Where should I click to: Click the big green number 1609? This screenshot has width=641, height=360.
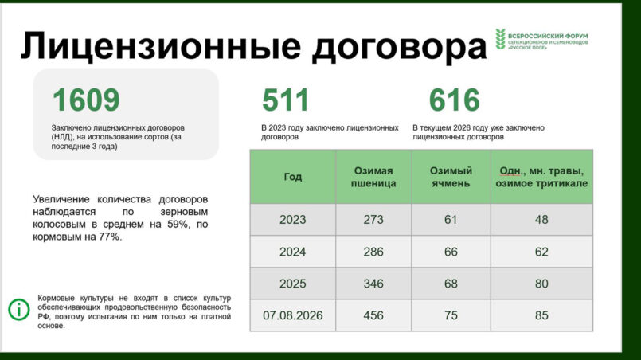(86, 100)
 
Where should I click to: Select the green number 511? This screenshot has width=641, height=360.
(285, 100)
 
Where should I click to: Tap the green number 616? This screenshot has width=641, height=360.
(454, 100)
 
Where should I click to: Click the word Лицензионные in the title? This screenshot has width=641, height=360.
(161, 45)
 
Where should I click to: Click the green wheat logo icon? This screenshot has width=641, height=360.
(500, 39)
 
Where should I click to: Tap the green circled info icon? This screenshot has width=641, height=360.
(19, 309)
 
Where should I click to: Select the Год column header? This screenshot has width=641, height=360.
(293, 177)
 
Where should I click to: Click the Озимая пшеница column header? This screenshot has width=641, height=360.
(373, 177)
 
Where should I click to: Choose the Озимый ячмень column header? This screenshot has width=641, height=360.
(451, 177)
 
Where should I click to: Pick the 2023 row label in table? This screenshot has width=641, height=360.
(293, 220)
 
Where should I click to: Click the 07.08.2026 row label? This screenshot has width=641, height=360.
(293, 315)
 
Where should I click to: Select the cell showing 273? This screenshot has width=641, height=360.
(373, 220)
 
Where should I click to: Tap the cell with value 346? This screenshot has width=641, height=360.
(373, 284)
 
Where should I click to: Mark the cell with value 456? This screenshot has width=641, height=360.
(373, 315)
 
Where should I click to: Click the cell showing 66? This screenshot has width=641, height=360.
(451, 252)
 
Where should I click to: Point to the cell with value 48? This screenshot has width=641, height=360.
(541, 220)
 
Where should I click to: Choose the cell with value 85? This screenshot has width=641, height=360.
(541, 315)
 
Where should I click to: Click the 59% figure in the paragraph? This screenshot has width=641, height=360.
(178, 224)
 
